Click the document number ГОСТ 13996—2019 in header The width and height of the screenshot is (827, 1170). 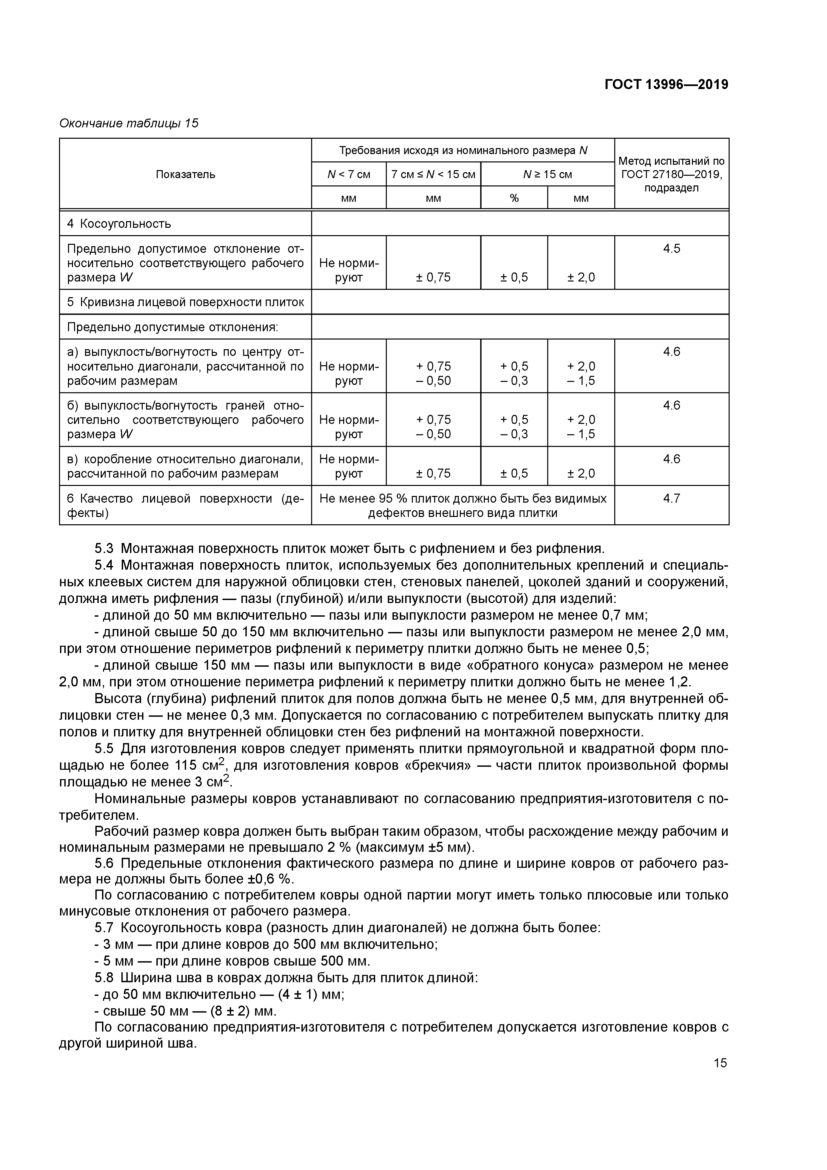[666, 85]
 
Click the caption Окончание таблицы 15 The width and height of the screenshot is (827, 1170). [129, 123]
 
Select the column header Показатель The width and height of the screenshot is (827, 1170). [185, 174]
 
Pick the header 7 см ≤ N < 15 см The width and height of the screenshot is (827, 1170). [433, 174]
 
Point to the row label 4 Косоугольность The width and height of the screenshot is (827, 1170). [119, 224]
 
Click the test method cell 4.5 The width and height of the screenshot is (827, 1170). [671, 249]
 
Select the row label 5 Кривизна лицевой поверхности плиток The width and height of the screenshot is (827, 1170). [185, 302]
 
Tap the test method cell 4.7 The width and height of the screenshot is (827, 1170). [671, 498]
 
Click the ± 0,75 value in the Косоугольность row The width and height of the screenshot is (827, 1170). [433, 277]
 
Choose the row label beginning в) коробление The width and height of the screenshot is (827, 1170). [185, 466]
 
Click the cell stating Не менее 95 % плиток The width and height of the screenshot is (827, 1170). [463, 506]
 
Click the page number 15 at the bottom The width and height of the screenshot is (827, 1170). [720, 1063]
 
